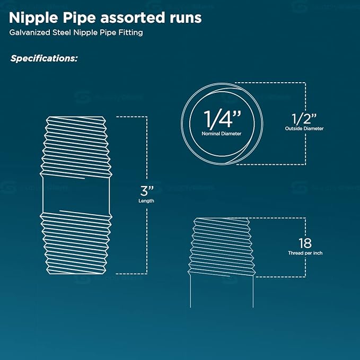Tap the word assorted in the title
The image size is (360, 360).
(x=133, y=18)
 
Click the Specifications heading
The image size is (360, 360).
(x=44, y=58)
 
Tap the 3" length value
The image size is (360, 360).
(x=146, y=191)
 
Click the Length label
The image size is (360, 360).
(x=146, y=201)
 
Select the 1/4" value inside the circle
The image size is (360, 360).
(x=222, y=119)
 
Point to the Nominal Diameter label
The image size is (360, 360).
(x=222, y=134)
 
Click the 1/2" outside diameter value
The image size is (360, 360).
(x=304, y=119)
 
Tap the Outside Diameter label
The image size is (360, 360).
(x=304, y=128)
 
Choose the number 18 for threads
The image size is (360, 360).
(x=305, y=243)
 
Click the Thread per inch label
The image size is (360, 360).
(x=305, y=253)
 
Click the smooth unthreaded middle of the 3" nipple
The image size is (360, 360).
(x=76, y=195)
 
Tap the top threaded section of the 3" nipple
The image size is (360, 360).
(x=76, y=147)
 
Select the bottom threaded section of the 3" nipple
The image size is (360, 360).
(x=76, y=243)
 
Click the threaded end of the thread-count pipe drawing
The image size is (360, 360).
(x=222, y=247)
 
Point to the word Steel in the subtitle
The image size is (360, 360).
(x=62, y=32)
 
